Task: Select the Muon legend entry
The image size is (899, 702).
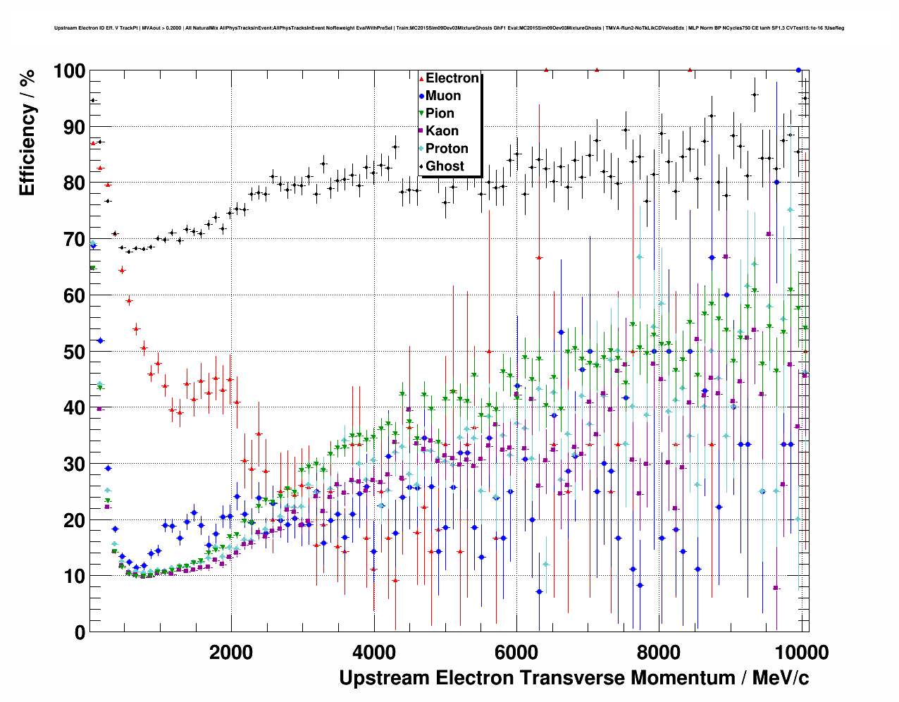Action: tap(443, 96)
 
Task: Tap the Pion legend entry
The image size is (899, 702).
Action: tap(440, 113)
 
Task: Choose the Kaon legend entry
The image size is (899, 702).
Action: tap(442, 131)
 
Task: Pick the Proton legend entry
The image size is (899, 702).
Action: tap(447, 149)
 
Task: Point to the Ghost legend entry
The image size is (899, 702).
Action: tap(445, 166)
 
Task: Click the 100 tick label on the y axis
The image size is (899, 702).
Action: tap(69, 71)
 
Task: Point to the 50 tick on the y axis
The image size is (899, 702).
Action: tap(73, 352)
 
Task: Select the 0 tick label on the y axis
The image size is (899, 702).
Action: tap(80, 632)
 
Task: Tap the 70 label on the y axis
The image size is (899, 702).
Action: tap(73, 240)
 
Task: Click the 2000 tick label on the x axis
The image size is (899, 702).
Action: tap(231, 652)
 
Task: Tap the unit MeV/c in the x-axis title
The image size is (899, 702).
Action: tap(781, 678)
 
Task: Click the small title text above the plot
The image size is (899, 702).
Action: tap(449, 28)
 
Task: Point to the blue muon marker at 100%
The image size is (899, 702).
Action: tap(798, 70)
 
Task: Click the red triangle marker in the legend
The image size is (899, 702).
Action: tap(421, 79)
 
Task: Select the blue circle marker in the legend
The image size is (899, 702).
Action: tap(421, 97)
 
